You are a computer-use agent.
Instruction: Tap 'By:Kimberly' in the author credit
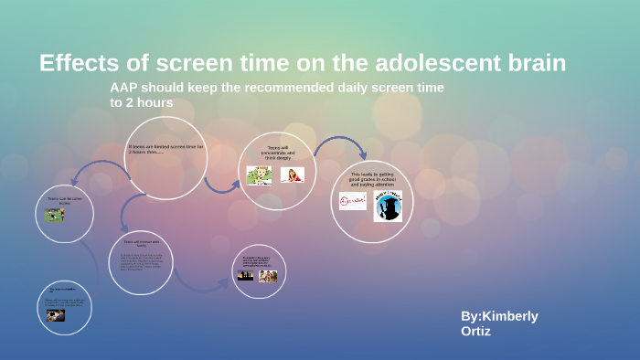click(x=499, y=316)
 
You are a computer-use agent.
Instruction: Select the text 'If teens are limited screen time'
click(x=166, y=147)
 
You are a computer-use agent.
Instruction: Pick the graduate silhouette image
click(x=388, y=206)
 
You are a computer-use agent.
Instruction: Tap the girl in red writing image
click(x=293, y=175)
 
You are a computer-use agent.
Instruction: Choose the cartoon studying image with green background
click(x=259, y=175)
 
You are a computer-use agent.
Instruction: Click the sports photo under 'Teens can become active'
click(x=54, y=216)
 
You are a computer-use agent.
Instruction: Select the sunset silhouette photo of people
click(x=245, y=276)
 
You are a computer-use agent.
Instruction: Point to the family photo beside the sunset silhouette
click(x=268, y=276)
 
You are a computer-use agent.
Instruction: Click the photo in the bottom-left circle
click(x=56, y=315)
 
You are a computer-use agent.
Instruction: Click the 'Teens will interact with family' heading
click(x=134, y=244)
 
